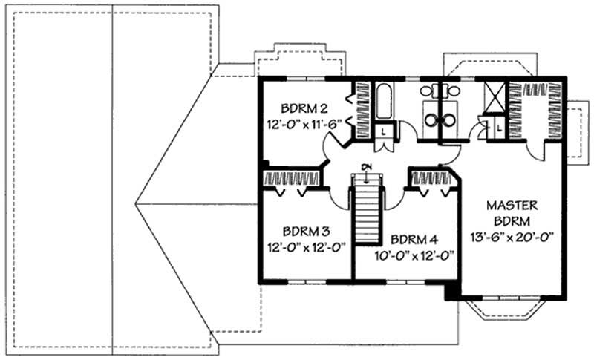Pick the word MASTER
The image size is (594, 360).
click(x=512, y=205)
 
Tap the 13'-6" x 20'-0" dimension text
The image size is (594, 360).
click(x=511, y=238)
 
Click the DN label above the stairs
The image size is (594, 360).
click(x=366, y=167)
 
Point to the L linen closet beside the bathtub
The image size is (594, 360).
click(x=382, y=131)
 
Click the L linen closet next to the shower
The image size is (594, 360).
click(x=498, y=128)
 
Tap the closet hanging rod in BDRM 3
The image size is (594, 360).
click(x=292, y=179)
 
